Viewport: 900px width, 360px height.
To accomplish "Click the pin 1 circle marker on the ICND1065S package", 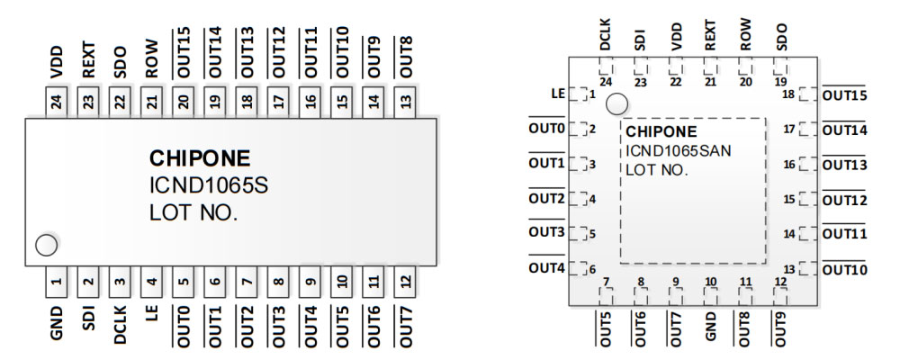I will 46,244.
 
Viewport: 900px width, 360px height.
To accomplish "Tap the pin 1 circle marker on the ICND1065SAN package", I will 616,104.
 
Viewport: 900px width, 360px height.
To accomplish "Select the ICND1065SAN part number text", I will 679,150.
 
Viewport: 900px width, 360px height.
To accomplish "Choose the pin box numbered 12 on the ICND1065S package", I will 406,282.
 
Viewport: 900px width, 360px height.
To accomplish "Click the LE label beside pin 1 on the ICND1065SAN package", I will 557,93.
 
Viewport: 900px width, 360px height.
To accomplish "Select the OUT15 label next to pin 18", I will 844,94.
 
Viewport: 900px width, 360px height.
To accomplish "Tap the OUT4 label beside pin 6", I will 546,267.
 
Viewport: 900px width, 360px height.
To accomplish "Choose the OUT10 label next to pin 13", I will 844,270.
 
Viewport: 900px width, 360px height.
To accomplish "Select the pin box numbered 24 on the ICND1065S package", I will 57,103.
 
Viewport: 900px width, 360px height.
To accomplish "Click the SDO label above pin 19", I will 780,37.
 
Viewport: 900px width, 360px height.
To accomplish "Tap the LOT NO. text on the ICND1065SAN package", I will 656,169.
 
